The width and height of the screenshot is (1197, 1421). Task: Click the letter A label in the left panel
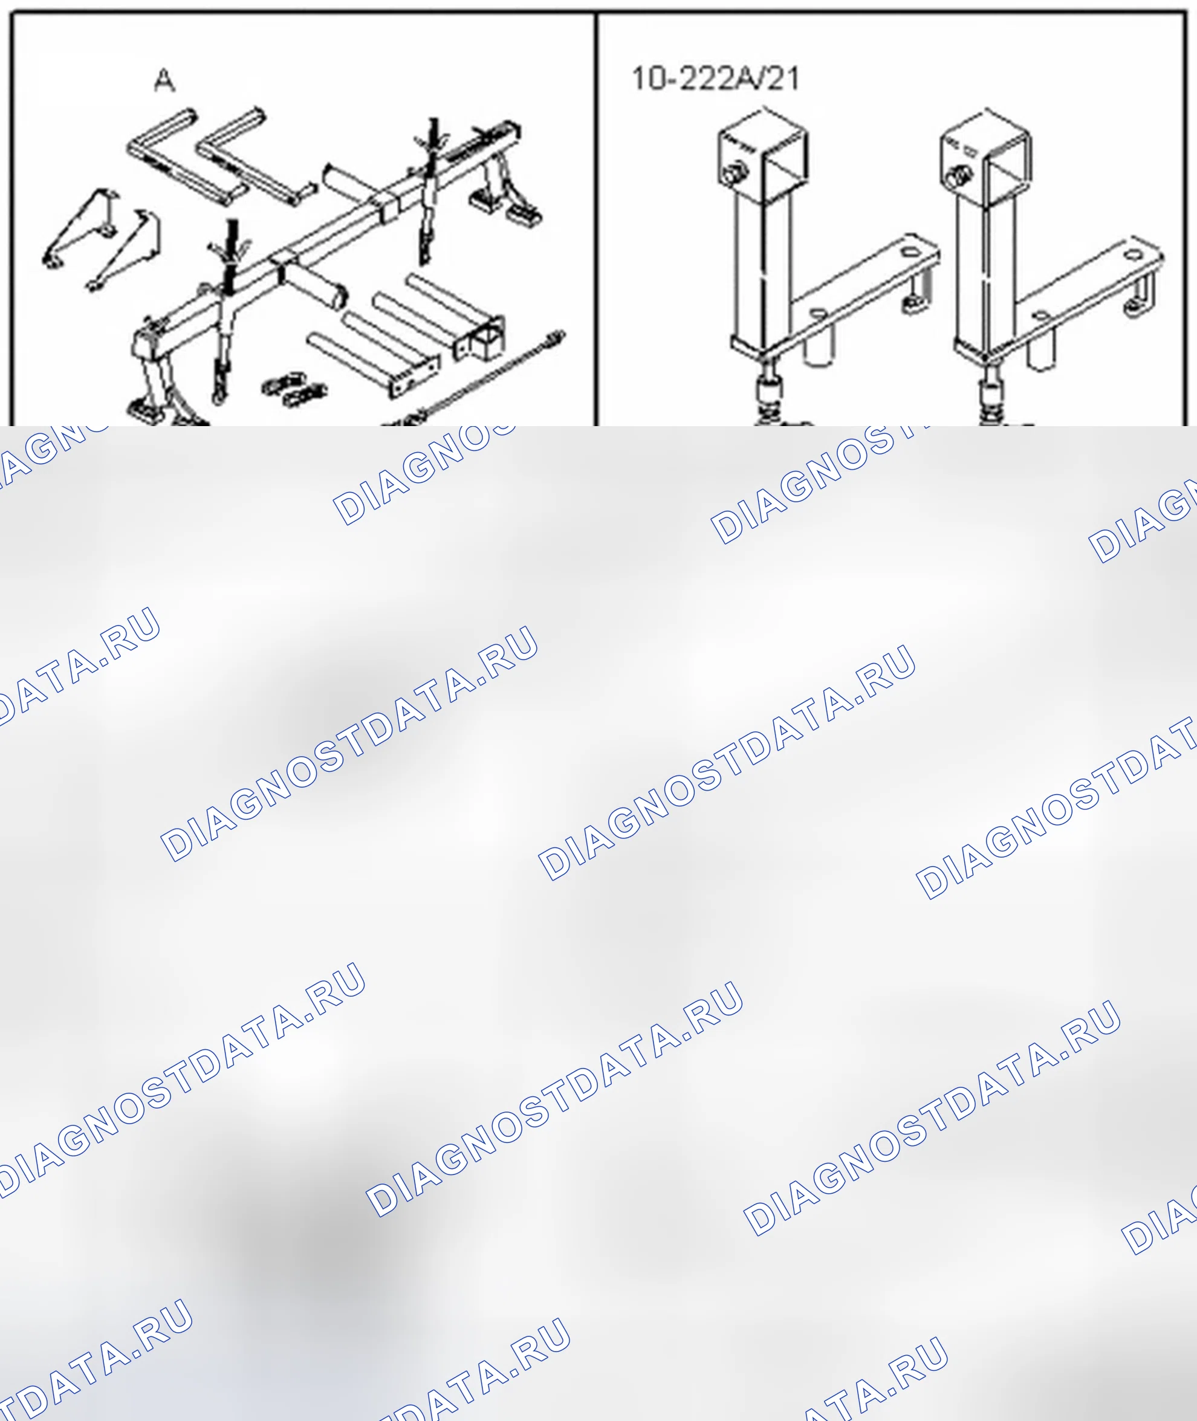165,81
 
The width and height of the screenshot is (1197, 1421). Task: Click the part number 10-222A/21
715,79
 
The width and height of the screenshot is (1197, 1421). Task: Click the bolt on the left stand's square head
732,173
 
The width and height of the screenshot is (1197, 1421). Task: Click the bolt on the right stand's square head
958,177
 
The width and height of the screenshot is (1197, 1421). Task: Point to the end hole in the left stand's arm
907,251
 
